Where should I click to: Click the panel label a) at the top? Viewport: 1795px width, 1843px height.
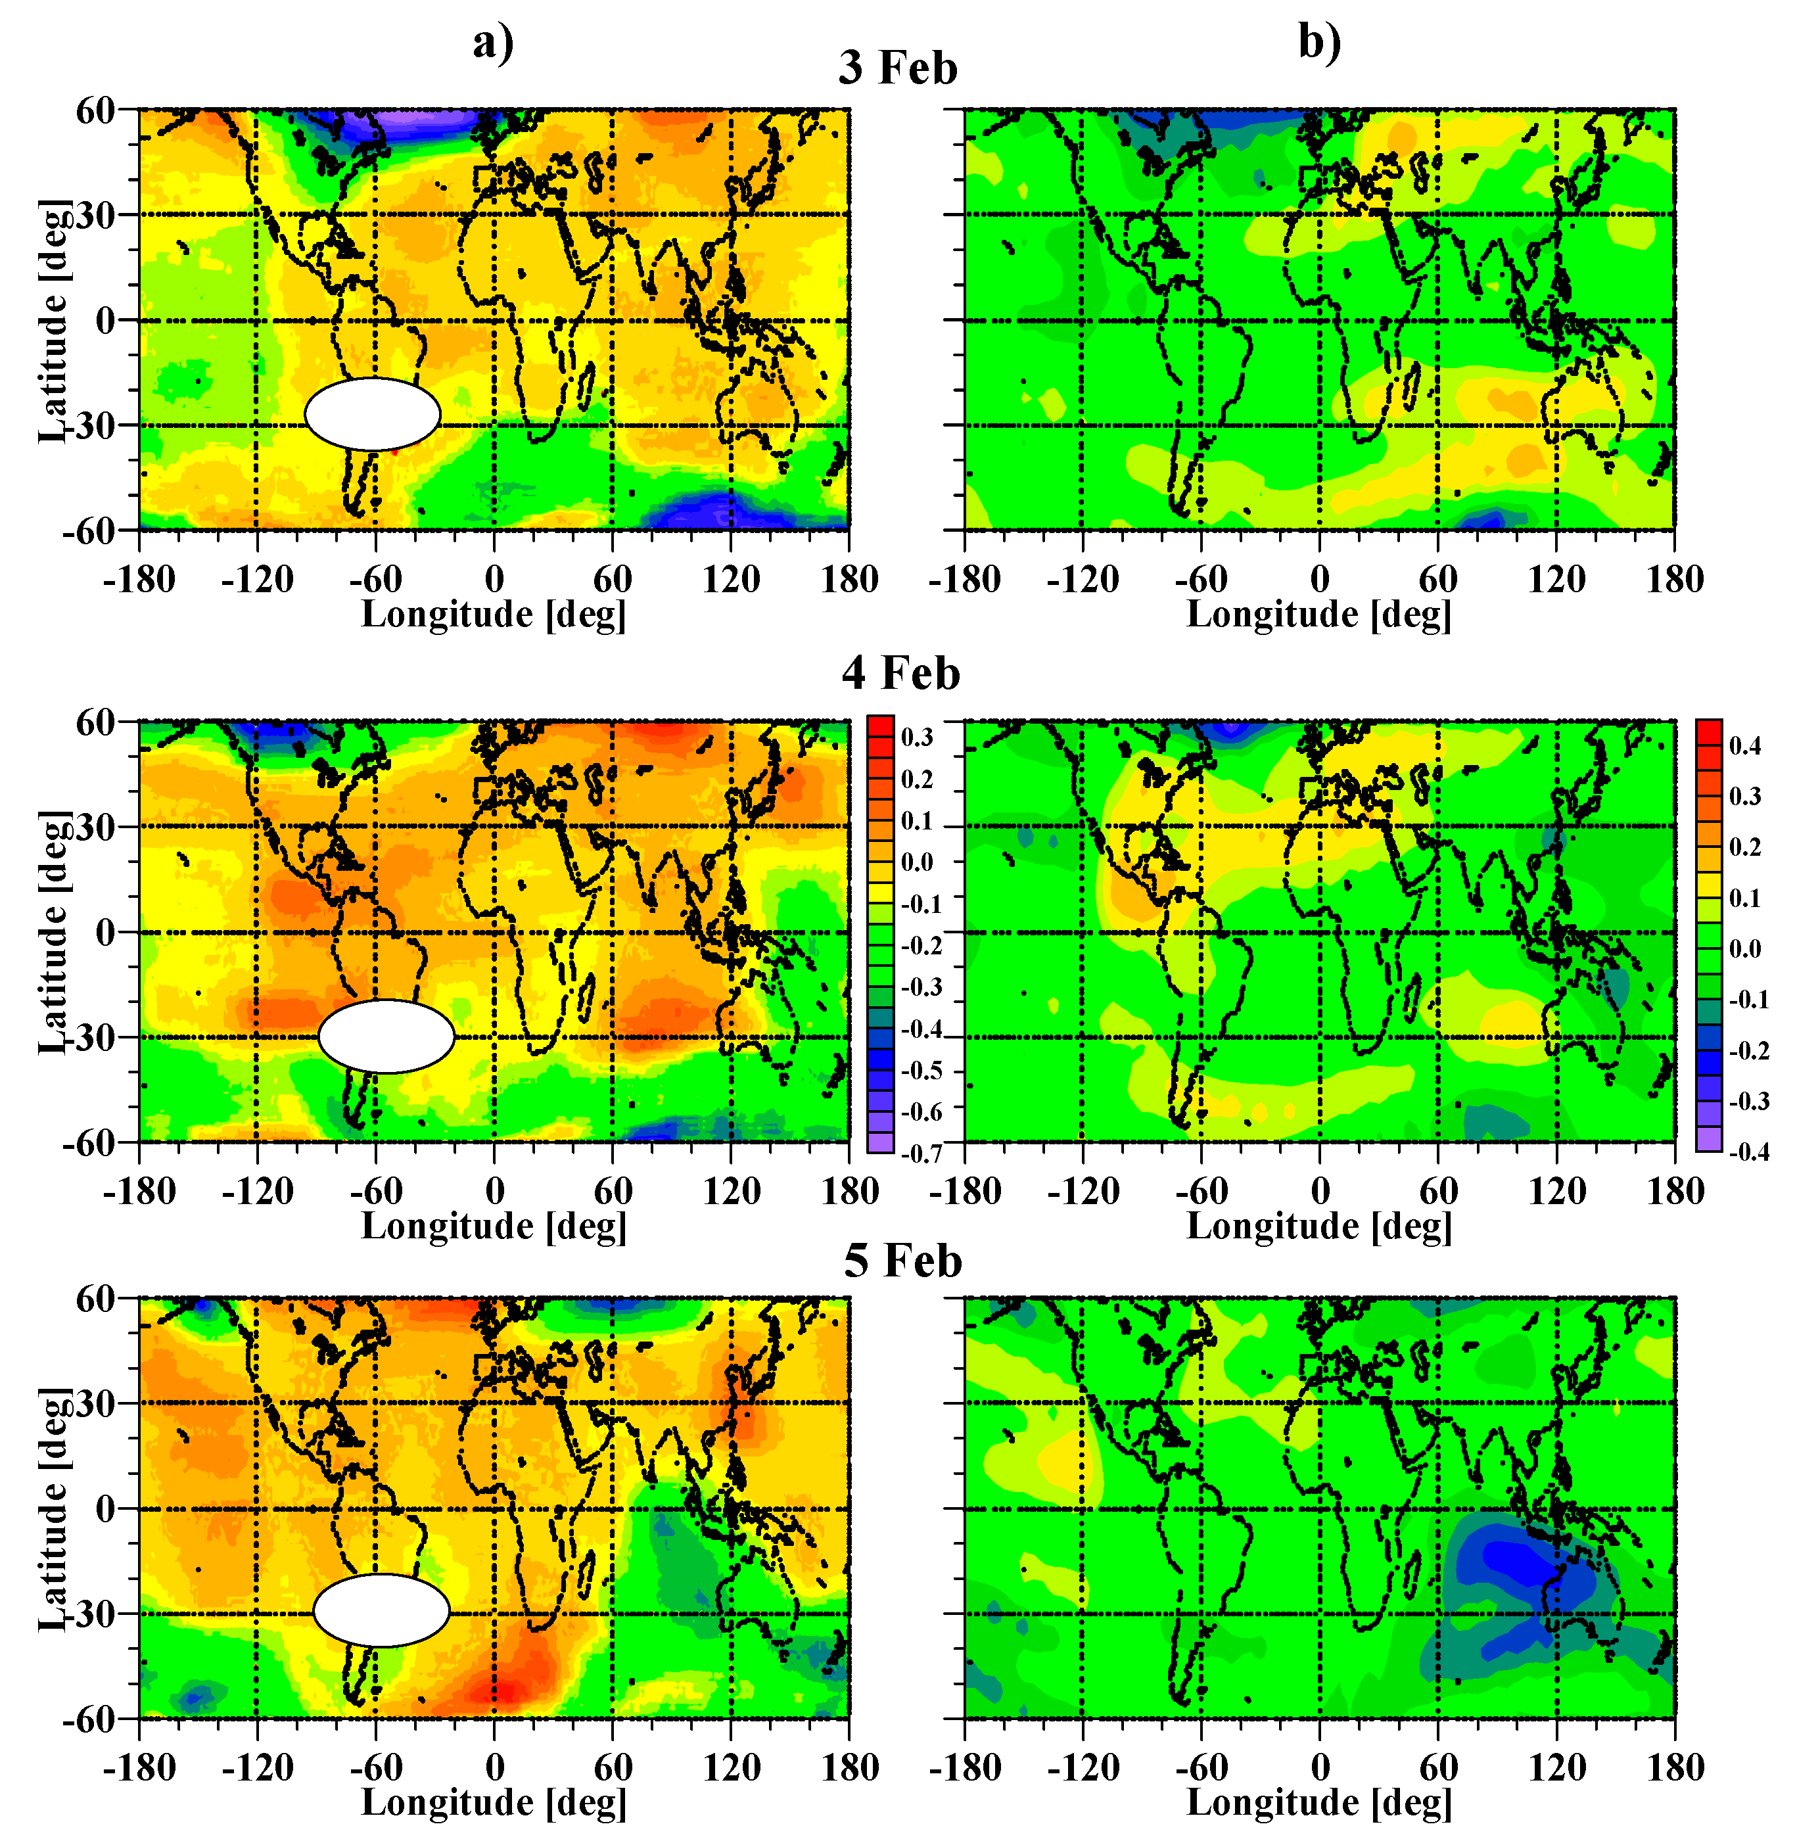pyautogui.click(x=493, y=43)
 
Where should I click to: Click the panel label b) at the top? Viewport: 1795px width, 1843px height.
pyautogui.click(x=1319, y=43)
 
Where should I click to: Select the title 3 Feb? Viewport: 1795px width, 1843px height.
pyautogui.click(x=898, y=68)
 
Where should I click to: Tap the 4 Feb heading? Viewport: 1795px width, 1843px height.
pyautogui.click(x=900, y=673)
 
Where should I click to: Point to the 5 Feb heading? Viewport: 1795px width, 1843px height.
pyautogui.click(x=902, y=1261)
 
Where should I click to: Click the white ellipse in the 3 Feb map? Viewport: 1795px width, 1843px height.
pyautogui.click(x=373, y=414)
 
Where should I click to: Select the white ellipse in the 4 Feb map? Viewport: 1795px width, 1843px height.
pyautogui.click(x=386, y=1036)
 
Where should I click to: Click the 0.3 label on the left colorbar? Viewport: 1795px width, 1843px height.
pyautogui.click(x=916, y=737)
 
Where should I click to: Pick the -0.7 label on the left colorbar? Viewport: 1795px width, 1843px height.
pyautogui.click(x=921, y=1153)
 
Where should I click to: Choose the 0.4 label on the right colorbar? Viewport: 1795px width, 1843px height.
pyautogui.click(x=1745, y=746)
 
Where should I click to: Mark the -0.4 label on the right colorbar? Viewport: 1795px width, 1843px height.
pyautogui.click(x=1749, y=1151)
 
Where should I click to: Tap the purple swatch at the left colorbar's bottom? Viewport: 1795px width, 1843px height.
pyautogui.click(x=879, y=1142)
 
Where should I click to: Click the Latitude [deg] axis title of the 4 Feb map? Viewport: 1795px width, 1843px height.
pyautogui.click(x=54, y=931)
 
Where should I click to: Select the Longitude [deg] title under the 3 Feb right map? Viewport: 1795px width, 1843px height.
pyautogui.click(x=1318, y=615)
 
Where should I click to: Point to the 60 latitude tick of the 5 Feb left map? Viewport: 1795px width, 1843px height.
pyautogui.click(x=95, y=1299)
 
